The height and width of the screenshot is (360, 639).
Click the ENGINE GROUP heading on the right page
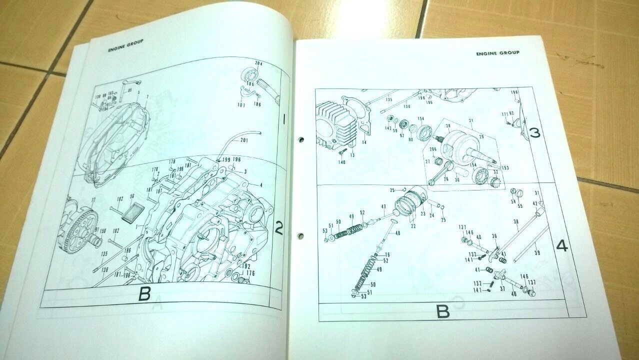tap(497, 52)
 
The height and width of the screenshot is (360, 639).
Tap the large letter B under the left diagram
tap(144, 294)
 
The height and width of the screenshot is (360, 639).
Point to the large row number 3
tap(534, 133)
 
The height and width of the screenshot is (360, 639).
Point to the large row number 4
tap(562, 246)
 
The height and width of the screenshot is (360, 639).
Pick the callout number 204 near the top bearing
tap(258, 64)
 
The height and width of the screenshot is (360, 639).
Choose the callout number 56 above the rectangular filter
tap(132, 196)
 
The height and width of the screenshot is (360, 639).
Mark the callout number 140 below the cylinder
tap(342, 162)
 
